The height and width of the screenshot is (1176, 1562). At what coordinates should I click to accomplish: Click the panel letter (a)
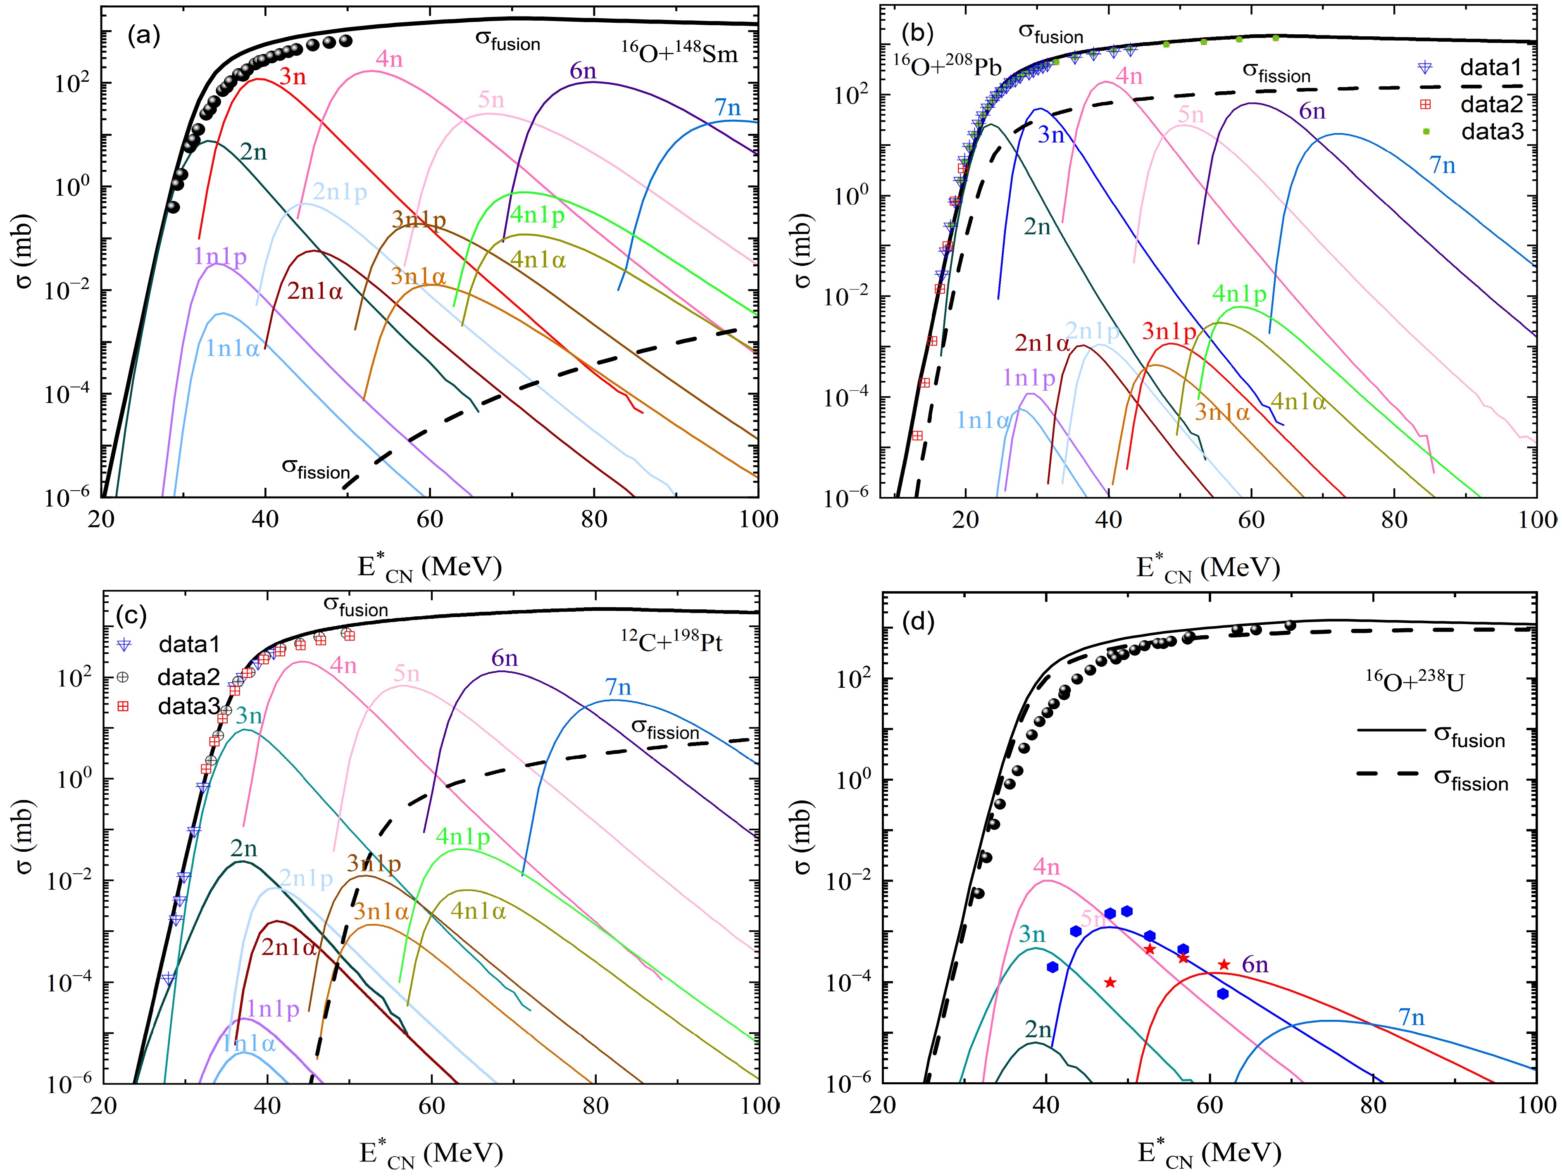(143, 37)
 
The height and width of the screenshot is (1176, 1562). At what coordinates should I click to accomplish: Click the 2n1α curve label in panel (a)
(315, 291)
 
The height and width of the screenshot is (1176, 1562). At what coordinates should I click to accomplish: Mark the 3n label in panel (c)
(249, 717)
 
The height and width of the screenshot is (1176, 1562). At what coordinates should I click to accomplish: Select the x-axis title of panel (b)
(1207, 568)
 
